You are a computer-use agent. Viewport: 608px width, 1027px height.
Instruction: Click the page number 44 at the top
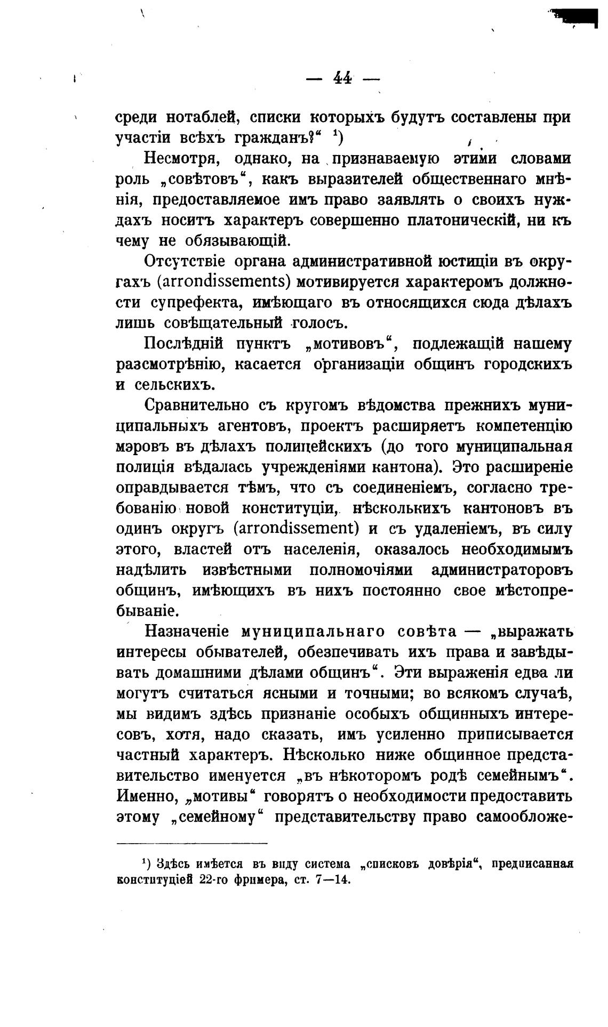[x=342, y=78]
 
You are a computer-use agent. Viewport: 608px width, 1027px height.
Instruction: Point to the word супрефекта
[x=196, y=303]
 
